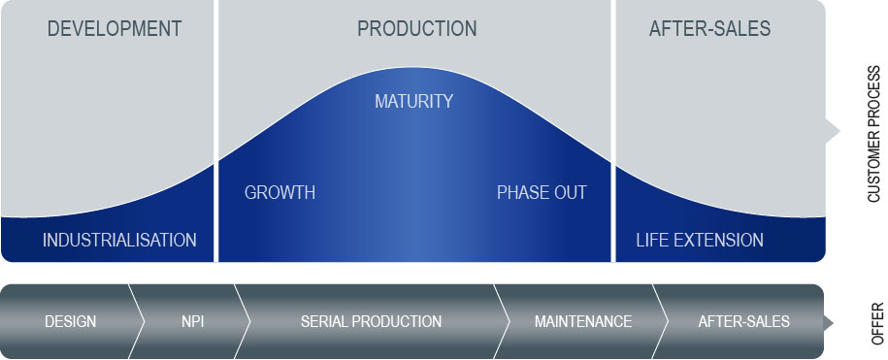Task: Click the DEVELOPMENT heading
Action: pos(115,28)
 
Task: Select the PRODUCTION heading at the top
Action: pos(416,28)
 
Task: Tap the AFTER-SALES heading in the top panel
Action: pos(709,28)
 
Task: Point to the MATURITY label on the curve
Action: pos(414,101)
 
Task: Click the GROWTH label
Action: pos(280,192)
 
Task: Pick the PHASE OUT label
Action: pos(542,192)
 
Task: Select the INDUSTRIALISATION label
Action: pos(119,240)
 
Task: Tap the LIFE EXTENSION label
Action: pos(700,240)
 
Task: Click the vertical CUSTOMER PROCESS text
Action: pos(874,134)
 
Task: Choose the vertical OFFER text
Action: pos(877,323)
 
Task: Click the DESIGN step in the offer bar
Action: pos(70,321)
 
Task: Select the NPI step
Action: pos(192,321)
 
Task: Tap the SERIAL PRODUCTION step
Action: pos(371,321)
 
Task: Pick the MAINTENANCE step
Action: pos(582,321)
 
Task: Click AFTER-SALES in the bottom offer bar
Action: pos(743,321)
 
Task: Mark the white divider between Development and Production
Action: pos(215,131)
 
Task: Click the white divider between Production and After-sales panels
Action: pos(613,131)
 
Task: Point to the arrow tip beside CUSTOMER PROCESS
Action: pos(839,131)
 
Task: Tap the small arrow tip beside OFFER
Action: pos(833,322)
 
